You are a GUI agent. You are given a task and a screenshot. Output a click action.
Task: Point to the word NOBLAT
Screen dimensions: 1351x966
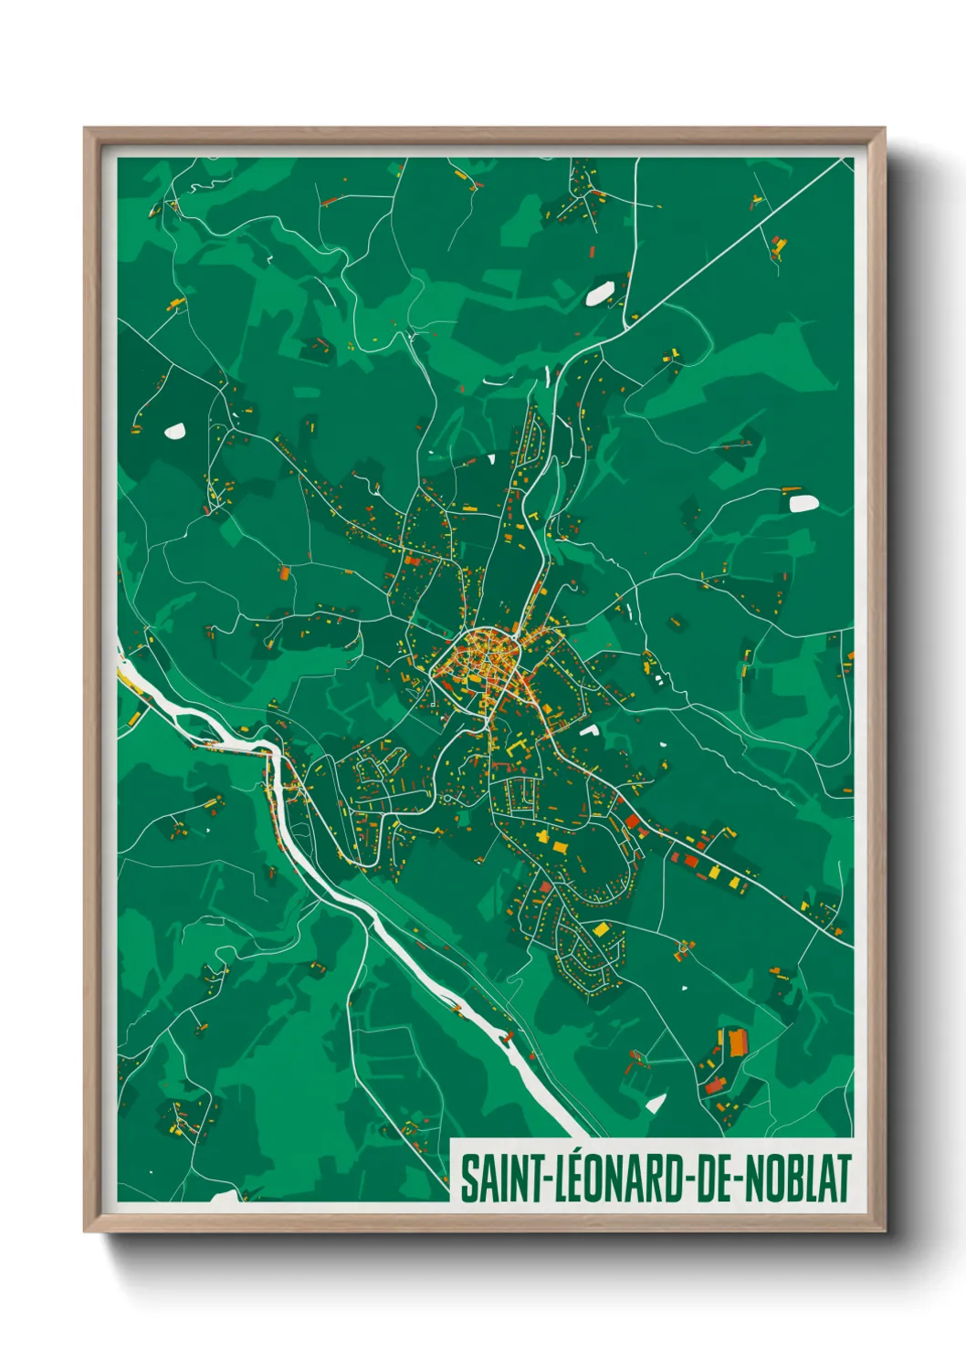[799, 1179]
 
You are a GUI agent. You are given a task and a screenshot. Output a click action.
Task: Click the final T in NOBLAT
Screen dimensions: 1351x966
[844, 1179]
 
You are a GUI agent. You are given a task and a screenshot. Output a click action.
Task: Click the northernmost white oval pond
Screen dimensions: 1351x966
[599, 294]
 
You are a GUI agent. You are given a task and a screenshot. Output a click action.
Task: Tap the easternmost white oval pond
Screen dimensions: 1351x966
[803, 503]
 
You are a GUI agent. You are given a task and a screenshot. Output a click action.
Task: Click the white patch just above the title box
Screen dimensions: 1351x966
[655, 1103]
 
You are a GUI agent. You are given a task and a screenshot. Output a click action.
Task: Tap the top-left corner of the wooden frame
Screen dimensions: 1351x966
[86, 130]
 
